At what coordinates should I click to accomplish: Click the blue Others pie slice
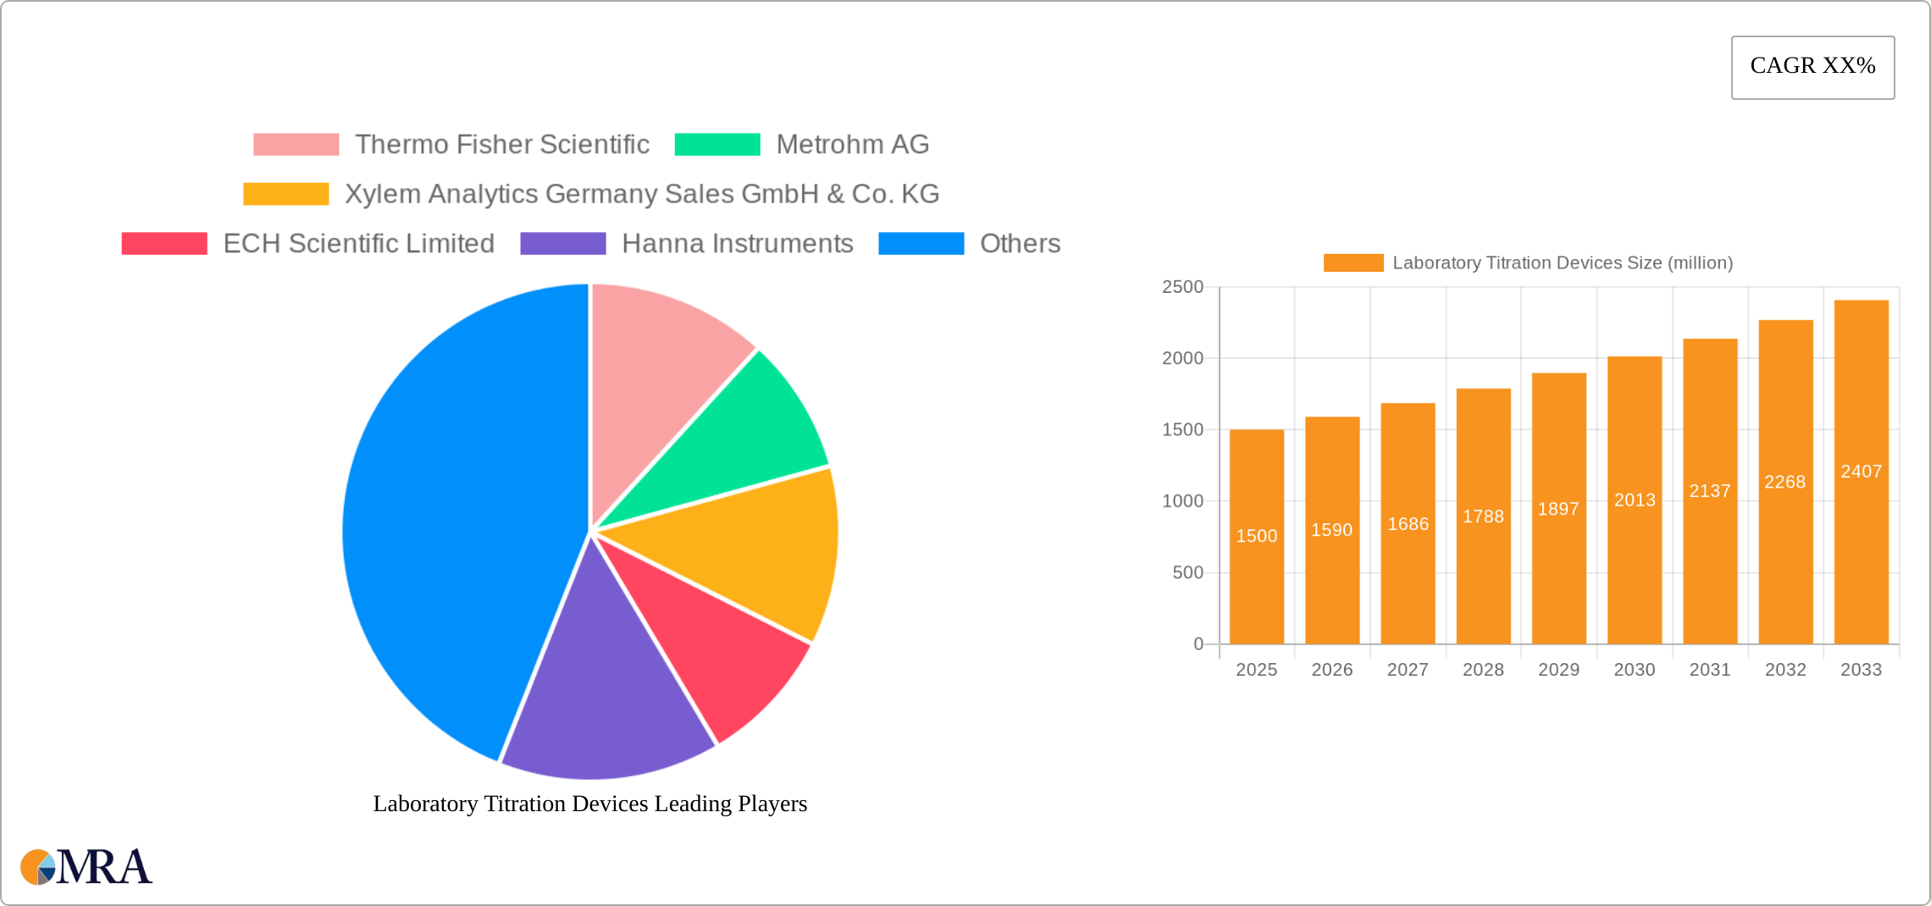449,525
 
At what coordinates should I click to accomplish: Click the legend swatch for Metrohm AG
717,145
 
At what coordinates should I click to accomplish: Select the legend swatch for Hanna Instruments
563,244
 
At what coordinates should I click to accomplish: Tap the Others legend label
1020,244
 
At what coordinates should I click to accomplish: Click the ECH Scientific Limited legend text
358,244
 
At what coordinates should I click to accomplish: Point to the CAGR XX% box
1812,67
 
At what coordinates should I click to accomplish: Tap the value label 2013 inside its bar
1635,500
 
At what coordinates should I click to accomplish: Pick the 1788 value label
1483,517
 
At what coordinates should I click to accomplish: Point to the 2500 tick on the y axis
1182,287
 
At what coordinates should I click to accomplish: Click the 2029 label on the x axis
1558,670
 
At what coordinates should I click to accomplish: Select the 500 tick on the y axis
1187,573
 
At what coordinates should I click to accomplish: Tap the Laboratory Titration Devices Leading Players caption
590,804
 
